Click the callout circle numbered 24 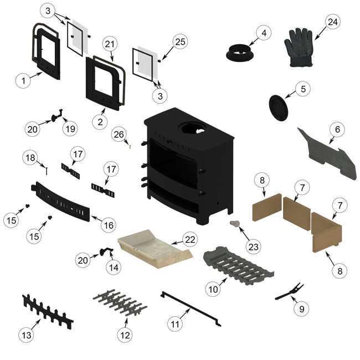pyautogui.click(x=332, y=22)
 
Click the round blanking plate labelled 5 pyautogui.click(x=278, y=106)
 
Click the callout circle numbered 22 pyautogui.click(x=191, y=240)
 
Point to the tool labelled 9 pyautogui.click(x=288, y=291)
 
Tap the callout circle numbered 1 pyautogui.click(x=23, y=81)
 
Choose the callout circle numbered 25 pyautogui.click(x=180, y=42)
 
